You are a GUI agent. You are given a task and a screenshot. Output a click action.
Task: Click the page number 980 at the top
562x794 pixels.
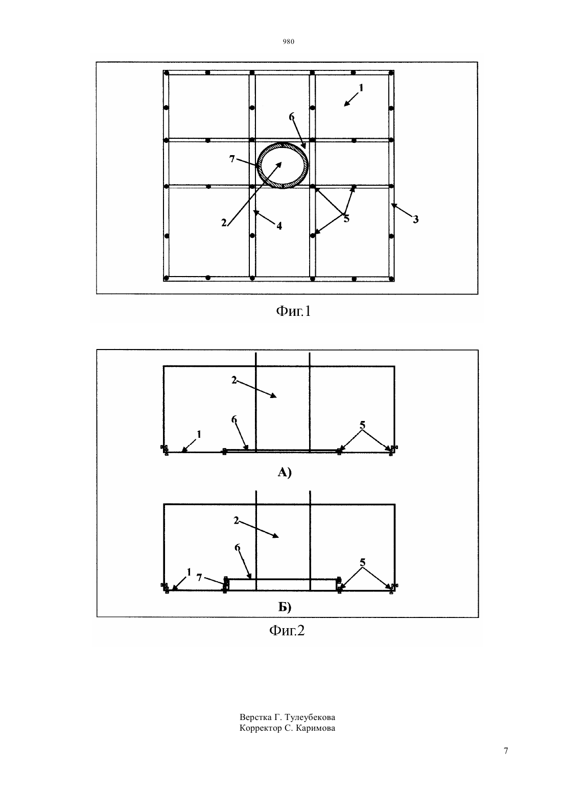(x=289, y=42)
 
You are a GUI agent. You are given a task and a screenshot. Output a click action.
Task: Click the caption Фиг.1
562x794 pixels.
(x=293, y=311)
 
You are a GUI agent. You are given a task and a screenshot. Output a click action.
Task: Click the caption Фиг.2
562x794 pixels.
(x=287, y=631)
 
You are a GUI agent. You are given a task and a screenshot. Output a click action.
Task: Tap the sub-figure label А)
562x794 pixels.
(x=285, y=472)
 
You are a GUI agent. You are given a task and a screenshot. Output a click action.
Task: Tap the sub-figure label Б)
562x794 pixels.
(x=285, y=607)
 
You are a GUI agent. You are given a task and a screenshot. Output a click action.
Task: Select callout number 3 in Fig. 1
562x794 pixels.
(x=415, y=219)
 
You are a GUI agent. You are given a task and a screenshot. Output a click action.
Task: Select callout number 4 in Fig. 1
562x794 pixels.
(x=279, y=226)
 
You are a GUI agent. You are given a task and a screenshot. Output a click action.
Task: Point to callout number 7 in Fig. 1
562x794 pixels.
(x=232, y=159)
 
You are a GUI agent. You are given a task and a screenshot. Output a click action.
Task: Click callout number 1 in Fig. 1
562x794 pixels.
(x=361, y=88)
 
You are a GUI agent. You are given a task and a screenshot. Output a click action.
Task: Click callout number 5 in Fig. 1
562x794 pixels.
(x=346, y=219)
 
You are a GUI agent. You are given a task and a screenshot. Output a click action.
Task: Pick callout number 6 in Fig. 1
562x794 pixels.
(x=292, y=117)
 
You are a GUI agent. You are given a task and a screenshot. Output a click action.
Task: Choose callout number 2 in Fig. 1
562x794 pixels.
(x=224, y=223)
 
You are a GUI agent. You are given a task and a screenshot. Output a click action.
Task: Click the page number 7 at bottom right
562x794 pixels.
(x=506, y=761)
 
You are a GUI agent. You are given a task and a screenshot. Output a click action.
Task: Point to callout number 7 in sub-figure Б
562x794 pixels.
(x=199, y=578)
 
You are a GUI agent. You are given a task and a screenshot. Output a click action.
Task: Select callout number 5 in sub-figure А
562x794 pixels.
(x=362, y=425)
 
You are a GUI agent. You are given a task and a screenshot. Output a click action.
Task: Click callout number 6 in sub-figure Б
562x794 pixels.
(x=238, y=548)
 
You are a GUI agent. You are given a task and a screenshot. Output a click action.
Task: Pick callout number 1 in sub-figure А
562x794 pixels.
(x=199, y=434)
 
